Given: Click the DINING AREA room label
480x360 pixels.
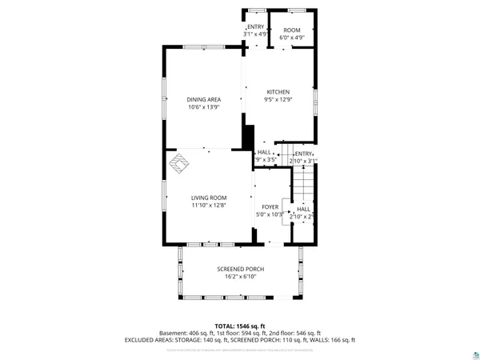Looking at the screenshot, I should tap(204, 99).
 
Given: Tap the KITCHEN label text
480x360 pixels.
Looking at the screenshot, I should tap(278, 92).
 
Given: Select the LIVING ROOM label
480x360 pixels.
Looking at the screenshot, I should tap(208, 198).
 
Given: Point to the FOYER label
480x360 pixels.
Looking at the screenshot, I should tap(270, 206).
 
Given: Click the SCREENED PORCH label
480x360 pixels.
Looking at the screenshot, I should tap(240, 269).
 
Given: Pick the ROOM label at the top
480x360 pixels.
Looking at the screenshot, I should tap(291, 30).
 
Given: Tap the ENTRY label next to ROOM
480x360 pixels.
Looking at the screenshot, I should tap(255, 27).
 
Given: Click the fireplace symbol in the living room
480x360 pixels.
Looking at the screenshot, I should tap(178, 164).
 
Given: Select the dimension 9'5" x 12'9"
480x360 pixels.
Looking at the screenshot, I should tap(278, 100).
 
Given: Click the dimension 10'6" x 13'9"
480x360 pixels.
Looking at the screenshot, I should tap(204, 107).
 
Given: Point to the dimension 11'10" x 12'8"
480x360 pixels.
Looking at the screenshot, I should tap(208, 206).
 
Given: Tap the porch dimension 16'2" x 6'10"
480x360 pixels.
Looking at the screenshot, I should tap(240, 277).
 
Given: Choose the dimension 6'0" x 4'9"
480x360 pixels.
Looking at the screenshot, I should tap(291, 38).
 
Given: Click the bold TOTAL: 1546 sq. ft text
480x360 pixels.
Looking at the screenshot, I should tap(239, 326).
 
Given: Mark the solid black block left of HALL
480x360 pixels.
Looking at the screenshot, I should tap(248, 137).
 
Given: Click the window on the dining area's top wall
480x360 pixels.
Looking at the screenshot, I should tap(204, 47).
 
